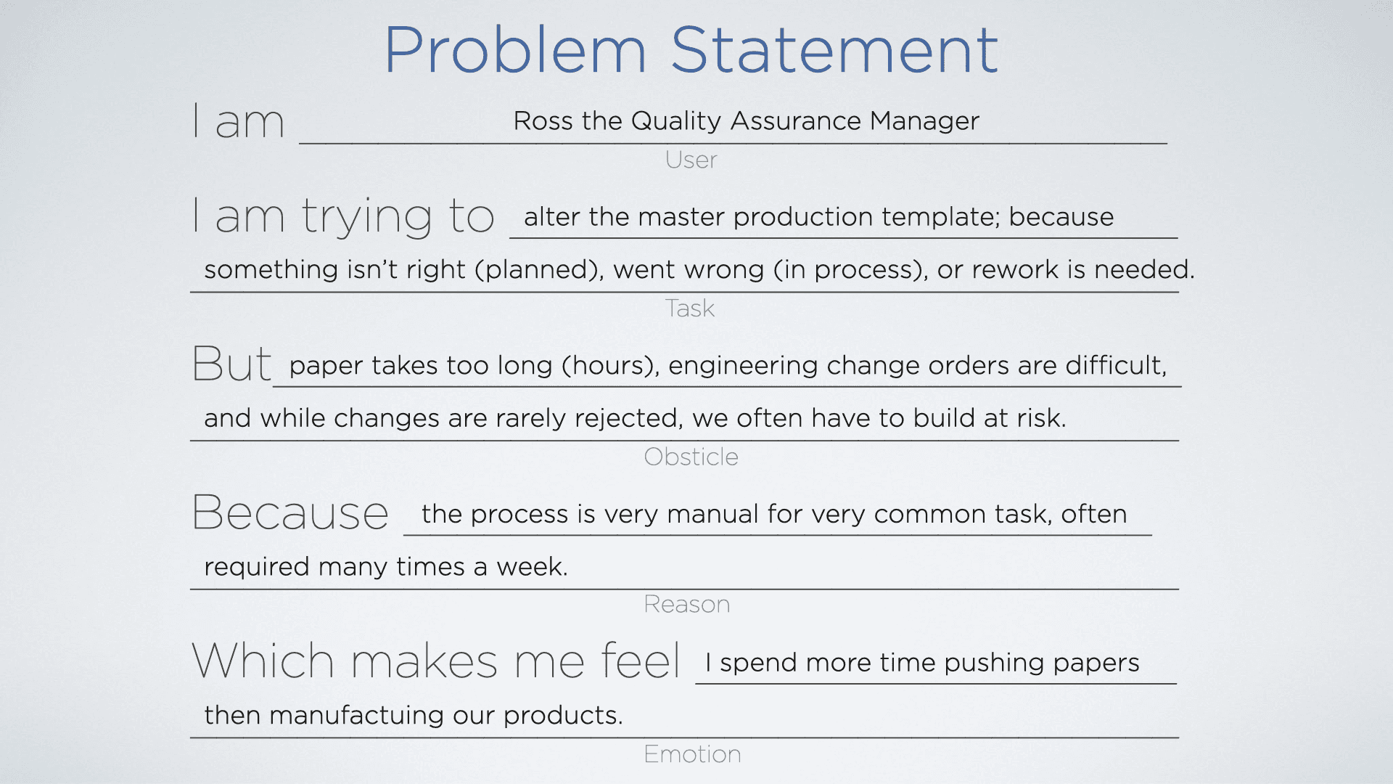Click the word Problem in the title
(x=515, y=51)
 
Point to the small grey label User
(x=691, y=160)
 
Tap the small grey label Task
(x=690, y=309)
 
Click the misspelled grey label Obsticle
(x=691, y=457)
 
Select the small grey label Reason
(x=686, y=604)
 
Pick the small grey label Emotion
(x=692, y=754)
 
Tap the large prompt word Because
(x=290, y=513)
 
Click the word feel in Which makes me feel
(x=640, y=661)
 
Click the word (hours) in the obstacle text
(x=610, y=365)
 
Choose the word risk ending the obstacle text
(x=1040, y=418)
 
